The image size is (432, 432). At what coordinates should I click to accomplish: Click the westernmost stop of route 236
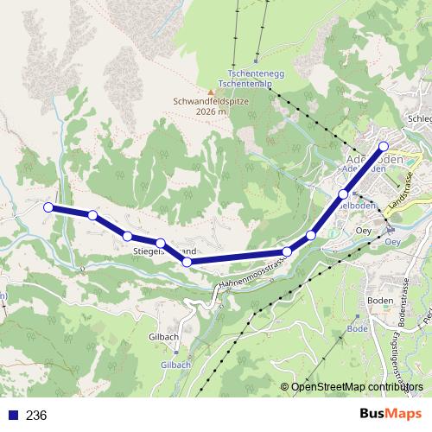click(49, 207)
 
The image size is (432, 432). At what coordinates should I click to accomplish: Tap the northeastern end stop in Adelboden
click(384, 146)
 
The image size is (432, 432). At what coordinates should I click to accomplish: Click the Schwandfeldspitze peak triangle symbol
click(209, 92)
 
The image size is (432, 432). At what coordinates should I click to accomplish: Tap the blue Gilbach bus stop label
click(175, 365)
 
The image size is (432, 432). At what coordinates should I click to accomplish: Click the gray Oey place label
click(364, 231)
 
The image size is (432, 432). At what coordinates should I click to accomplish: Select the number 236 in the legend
click(36, 416)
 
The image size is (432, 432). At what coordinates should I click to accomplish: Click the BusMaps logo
click(391, 415)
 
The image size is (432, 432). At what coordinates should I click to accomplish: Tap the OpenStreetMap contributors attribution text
click(356, 386)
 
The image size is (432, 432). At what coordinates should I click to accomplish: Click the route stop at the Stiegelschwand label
click(161, 243)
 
